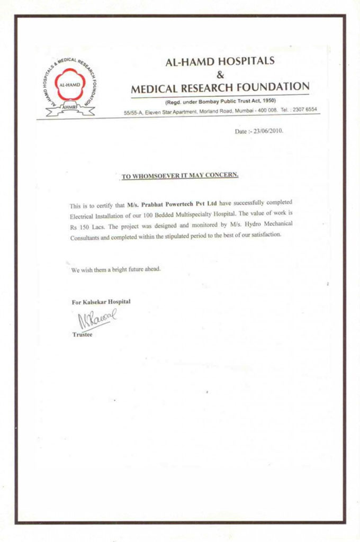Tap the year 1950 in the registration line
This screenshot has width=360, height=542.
coord(267,101)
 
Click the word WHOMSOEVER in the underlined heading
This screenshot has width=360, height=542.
coord(158,176)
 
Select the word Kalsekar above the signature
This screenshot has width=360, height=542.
coord(95,302)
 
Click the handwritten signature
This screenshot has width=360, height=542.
coord(96,319)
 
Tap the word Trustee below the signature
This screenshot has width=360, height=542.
coord(82,335)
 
